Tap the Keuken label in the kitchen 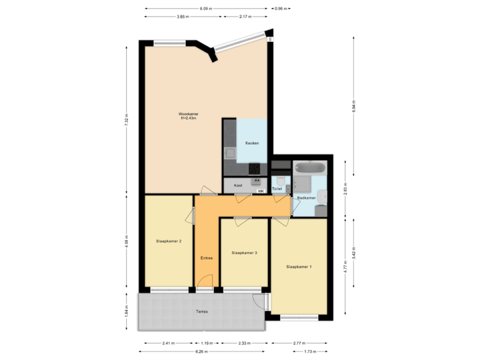point(252,143)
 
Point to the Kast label point(237,185)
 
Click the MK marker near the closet point(261,191)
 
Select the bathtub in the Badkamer point(309,167)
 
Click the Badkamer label point(306,198)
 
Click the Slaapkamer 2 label point(169,241)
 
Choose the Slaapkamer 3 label point(244,253)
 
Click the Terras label point(201,311)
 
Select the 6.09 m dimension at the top point(206,8)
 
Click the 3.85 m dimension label point(181,17)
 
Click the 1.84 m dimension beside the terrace point(126,311)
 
